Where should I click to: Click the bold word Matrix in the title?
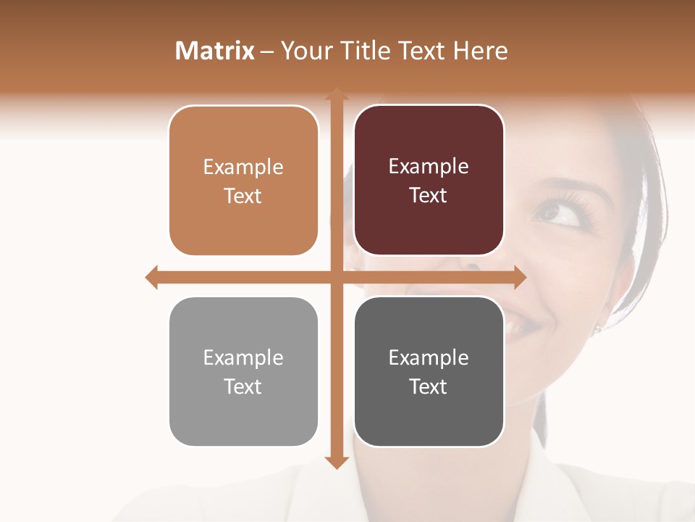[x=215, y=51]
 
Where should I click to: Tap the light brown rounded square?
[x=243, y=181]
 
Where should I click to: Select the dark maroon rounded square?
[x=429, y=181]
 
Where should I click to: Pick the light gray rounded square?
[x=243, y=372]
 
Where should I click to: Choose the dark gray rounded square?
[x=429, y=372]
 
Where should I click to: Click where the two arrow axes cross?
[x=337, y=277]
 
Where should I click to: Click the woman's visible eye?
[x=562, y=214]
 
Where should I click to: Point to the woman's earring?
[x=597, y=329]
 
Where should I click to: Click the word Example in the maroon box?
[x=429, y=167]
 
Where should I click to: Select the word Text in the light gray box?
[x=243, y=386]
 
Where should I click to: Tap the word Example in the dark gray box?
[x=429, y=357]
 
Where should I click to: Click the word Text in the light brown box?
[x=243, y=196]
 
